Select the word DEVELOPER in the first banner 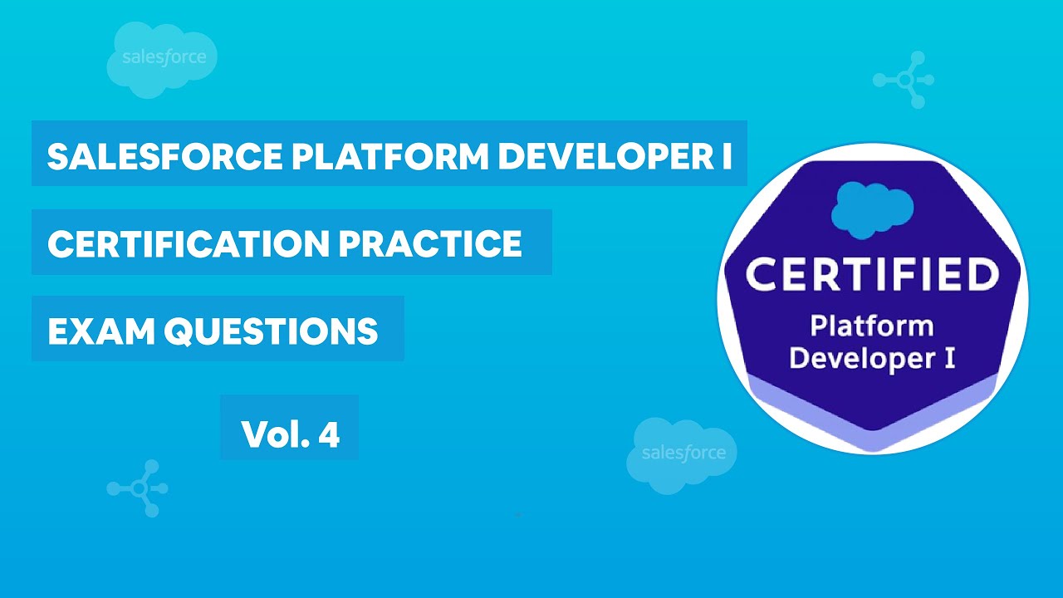point(601,155)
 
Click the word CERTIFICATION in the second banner point(186,243)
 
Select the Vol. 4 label point(290,434)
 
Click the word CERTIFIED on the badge point(872,276)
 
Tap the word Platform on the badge point(872,326)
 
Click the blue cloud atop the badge point(872,208)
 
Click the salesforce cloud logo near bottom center point(682,452)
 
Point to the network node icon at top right point(904,80)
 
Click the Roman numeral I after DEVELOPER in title point(725,155)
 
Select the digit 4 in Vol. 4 point(329,434)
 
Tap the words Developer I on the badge point(872,359)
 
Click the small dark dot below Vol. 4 point(517,515)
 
